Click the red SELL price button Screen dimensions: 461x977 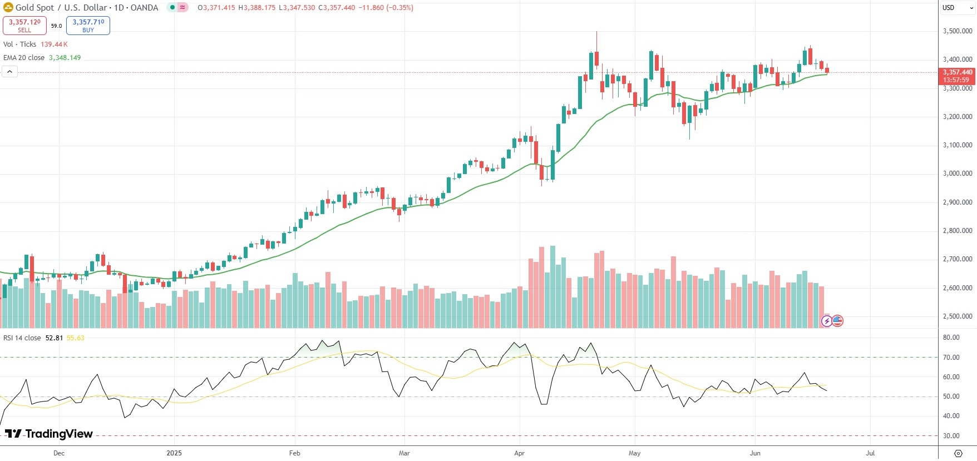(24, 26)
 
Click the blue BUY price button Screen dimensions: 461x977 (88, 26)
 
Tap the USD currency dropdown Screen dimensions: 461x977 (957, 8)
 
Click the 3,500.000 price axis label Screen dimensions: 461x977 (957, 31)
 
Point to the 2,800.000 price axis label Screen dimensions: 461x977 (957, 231)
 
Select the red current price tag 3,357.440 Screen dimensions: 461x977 (957, 76)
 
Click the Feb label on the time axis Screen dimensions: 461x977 (295, 453)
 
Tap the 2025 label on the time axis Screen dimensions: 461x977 (174, 453)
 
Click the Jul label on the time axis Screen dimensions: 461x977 (870, 453)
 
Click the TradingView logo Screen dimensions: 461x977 (49, 434)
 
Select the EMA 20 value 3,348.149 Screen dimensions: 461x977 (65, 58)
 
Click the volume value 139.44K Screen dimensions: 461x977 (54, 44)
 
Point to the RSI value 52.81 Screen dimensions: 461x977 (54, 338)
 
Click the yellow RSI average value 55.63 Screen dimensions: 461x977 (75, 338)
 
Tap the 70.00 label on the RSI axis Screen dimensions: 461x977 (951, 358)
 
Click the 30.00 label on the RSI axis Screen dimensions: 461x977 (951, 436)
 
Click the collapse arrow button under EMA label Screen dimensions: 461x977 (9, 72)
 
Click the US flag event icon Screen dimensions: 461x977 (837, 321)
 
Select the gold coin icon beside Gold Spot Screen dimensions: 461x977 (8, 8)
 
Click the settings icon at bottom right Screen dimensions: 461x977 (958, 453)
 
